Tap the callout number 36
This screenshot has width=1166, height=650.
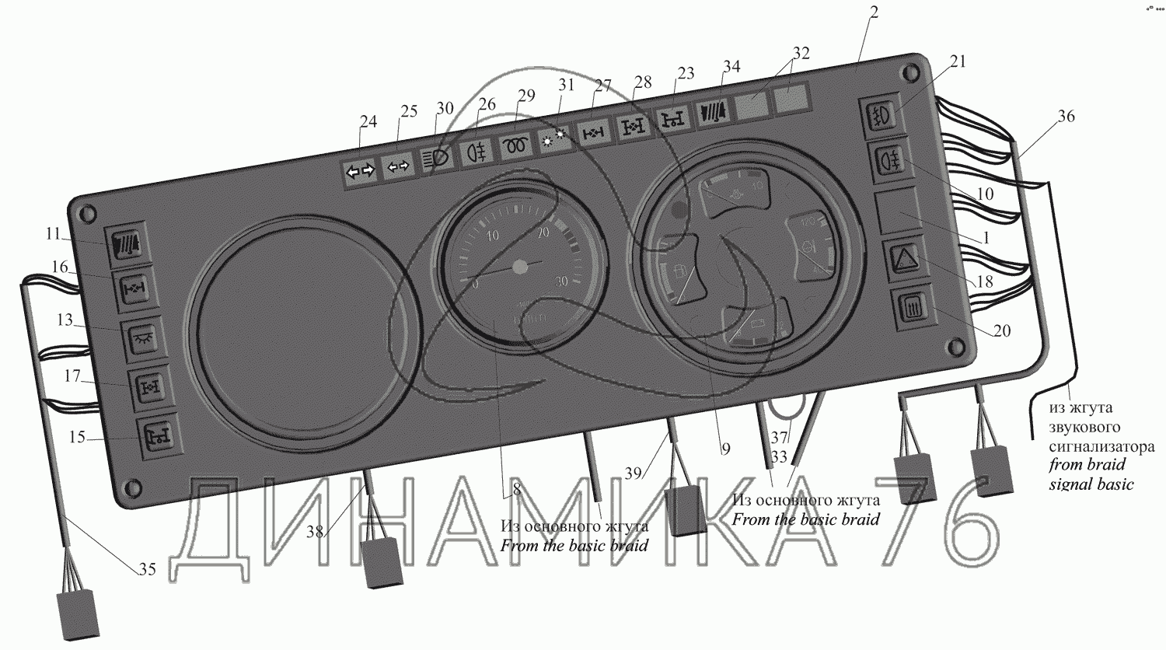pyautogui.click(x=1067, y=116)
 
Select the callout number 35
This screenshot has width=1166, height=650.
pyautogui.click(x=147, y=570)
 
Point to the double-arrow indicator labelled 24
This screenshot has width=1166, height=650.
pyautogui.click(x=360, y=170)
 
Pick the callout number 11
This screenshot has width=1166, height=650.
pyautogui.click(x=53, y=233)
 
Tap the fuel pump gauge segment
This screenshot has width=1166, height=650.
pyautogui.click(x=677, y=272)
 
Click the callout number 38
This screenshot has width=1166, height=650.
pyautogui.click(x=315, y=532)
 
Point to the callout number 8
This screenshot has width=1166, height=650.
pyautogui.click(x=515, y=490)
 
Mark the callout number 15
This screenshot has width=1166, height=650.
pyautogui.click(x=77, y=438)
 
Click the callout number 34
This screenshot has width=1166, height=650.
pyautogui.click(x=731, y=67)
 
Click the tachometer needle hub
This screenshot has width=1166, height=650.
pyautogui.click(x=520, y=267)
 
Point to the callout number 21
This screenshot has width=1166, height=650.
pyautogui.click(x=958, y=61)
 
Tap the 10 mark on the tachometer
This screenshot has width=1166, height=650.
pyautogui.click(x=492, y=236)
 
